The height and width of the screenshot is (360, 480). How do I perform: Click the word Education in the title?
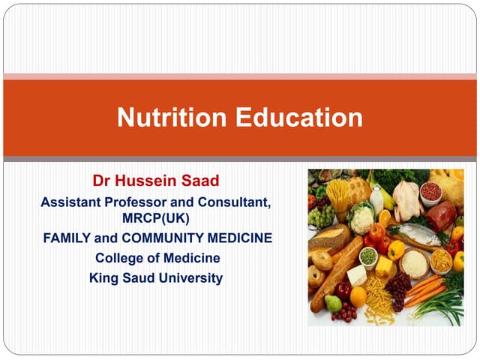300,118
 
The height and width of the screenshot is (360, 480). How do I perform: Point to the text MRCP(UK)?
156,217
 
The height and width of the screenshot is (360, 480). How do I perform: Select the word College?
118,258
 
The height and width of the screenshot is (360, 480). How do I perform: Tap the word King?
103,277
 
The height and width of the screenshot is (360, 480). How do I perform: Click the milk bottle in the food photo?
376,199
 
